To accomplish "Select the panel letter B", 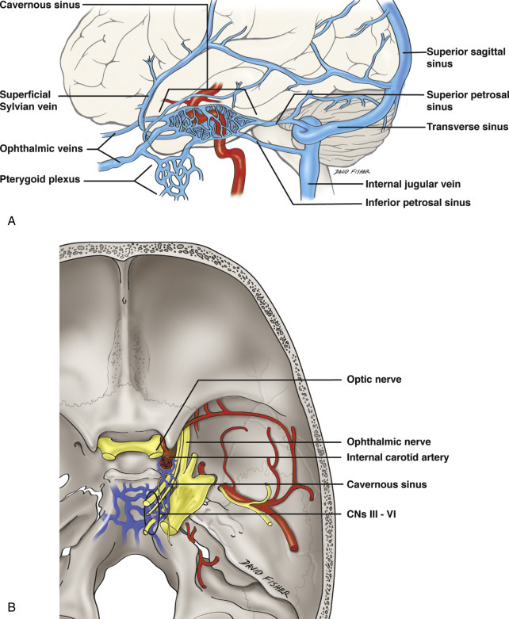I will (x=10, y=609).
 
